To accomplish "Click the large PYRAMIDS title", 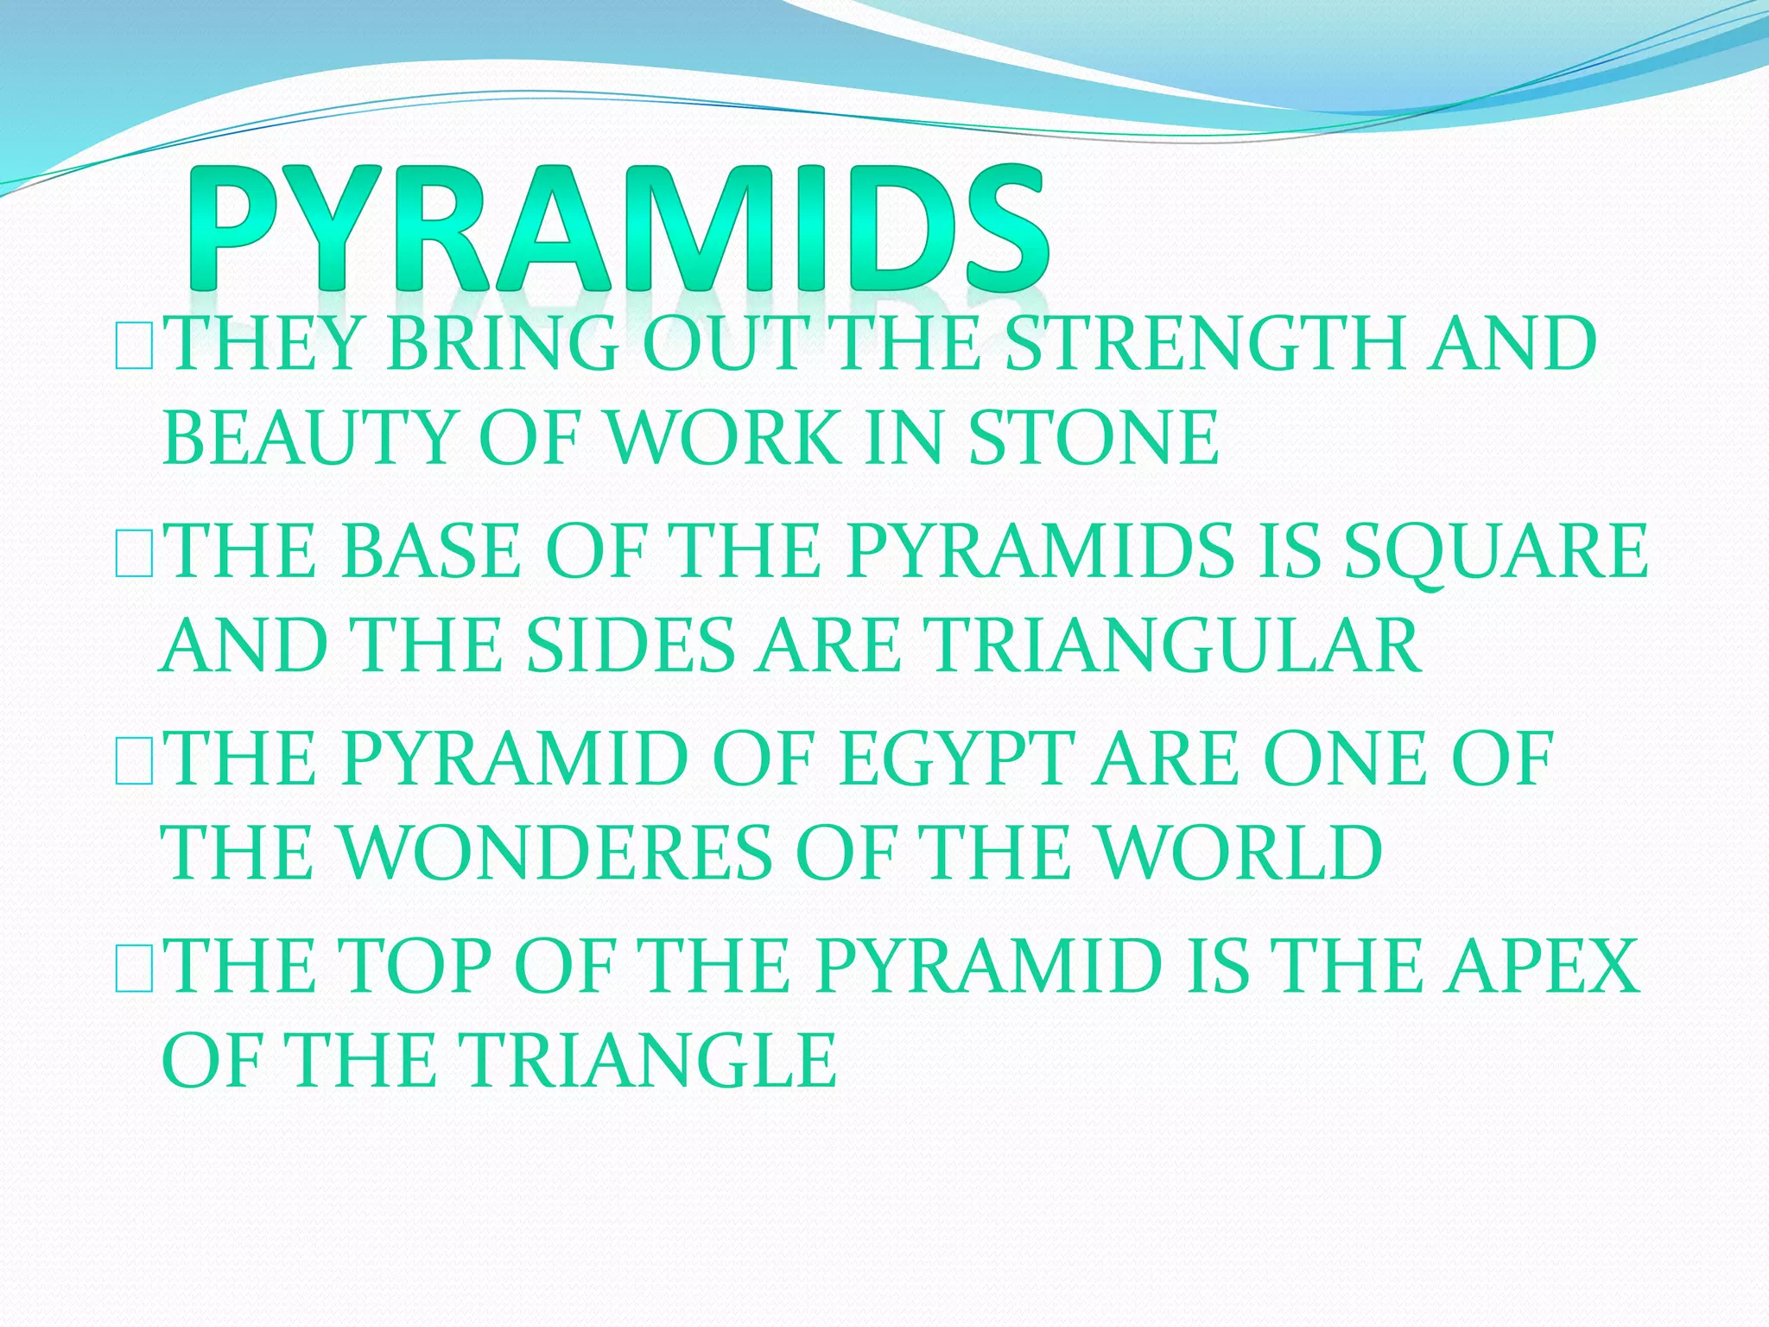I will (618, 229).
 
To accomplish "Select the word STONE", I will (1094, 439).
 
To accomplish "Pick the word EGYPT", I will (956, 759).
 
